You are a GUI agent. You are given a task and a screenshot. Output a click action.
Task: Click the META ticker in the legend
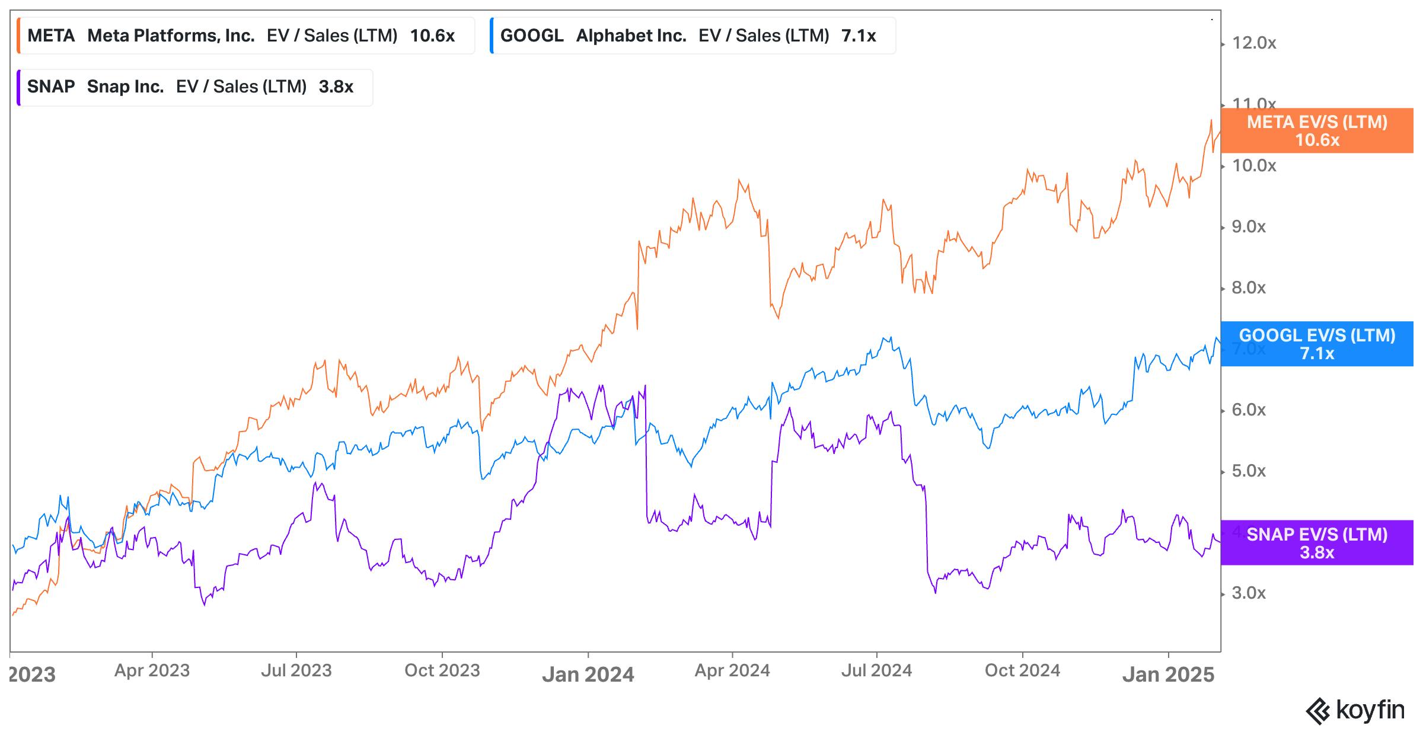point(51,36)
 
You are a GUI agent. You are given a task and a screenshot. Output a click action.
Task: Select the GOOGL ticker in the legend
point(531,36)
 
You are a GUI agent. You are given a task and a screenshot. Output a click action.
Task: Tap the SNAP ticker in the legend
point(51,87)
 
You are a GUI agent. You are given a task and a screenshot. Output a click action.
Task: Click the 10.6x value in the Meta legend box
point(432,36)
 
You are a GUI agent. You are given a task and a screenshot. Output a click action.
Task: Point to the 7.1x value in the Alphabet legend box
point(859,36)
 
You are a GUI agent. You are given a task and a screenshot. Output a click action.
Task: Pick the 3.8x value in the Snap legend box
point(336,87)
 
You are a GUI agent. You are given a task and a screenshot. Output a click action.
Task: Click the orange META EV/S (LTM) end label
point(1317,130)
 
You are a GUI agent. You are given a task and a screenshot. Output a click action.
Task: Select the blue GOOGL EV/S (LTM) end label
point(1317,344)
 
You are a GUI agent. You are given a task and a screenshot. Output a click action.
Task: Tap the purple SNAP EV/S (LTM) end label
point(1317,543)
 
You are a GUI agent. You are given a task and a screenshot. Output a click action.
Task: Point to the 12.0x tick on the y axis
point(1254,43)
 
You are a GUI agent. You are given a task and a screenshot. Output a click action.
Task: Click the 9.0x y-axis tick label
point(1249,227)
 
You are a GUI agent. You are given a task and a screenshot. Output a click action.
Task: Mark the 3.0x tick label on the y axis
point(1249,593)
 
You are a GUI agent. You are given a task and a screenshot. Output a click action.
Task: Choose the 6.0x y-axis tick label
point(1249,410)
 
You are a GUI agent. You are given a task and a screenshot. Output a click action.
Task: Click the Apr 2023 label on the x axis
point(152,670)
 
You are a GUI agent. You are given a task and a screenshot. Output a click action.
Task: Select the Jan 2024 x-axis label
point(588,675)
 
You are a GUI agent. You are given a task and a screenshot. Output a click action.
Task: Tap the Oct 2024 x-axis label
point(1022,670)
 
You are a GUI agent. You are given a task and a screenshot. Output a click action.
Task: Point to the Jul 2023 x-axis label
point(296,670)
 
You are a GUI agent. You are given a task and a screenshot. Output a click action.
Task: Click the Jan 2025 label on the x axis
point(1168,675)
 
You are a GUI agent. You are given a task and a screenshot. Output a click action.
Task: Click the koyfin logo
point(1355,710)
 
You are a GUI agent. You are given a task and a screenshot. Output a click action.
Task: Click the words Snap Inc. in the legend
point(125,87)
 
